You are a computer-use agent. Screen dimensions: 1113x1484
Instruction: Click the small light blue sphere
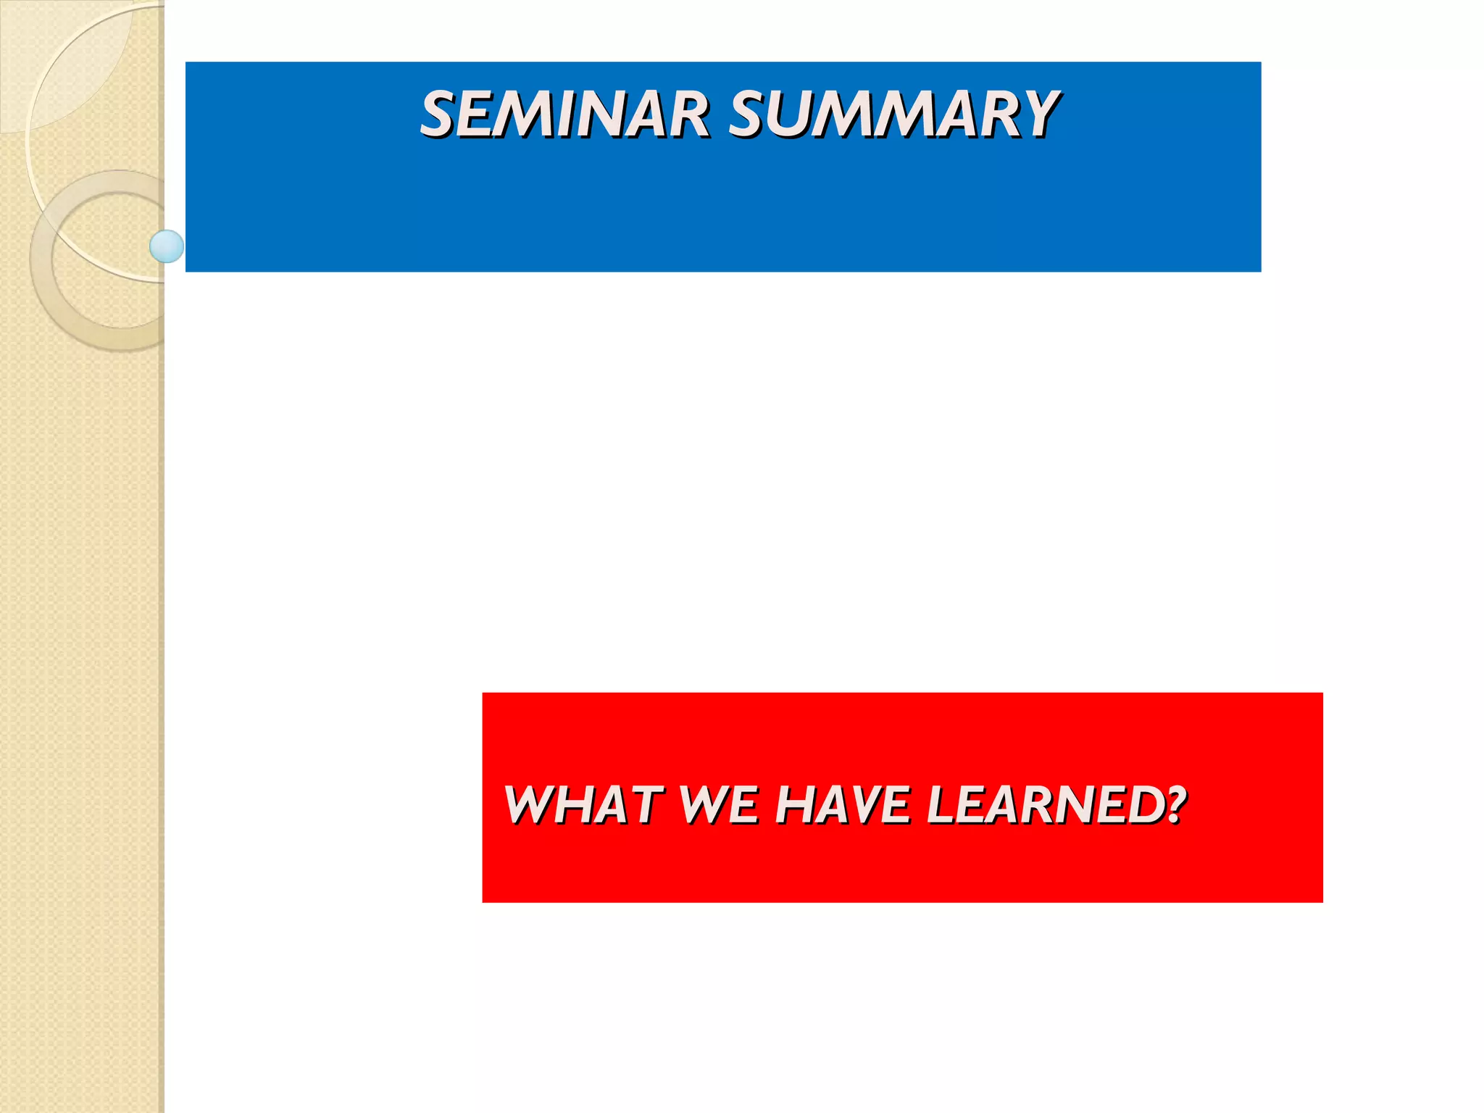tap(167, 246)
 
